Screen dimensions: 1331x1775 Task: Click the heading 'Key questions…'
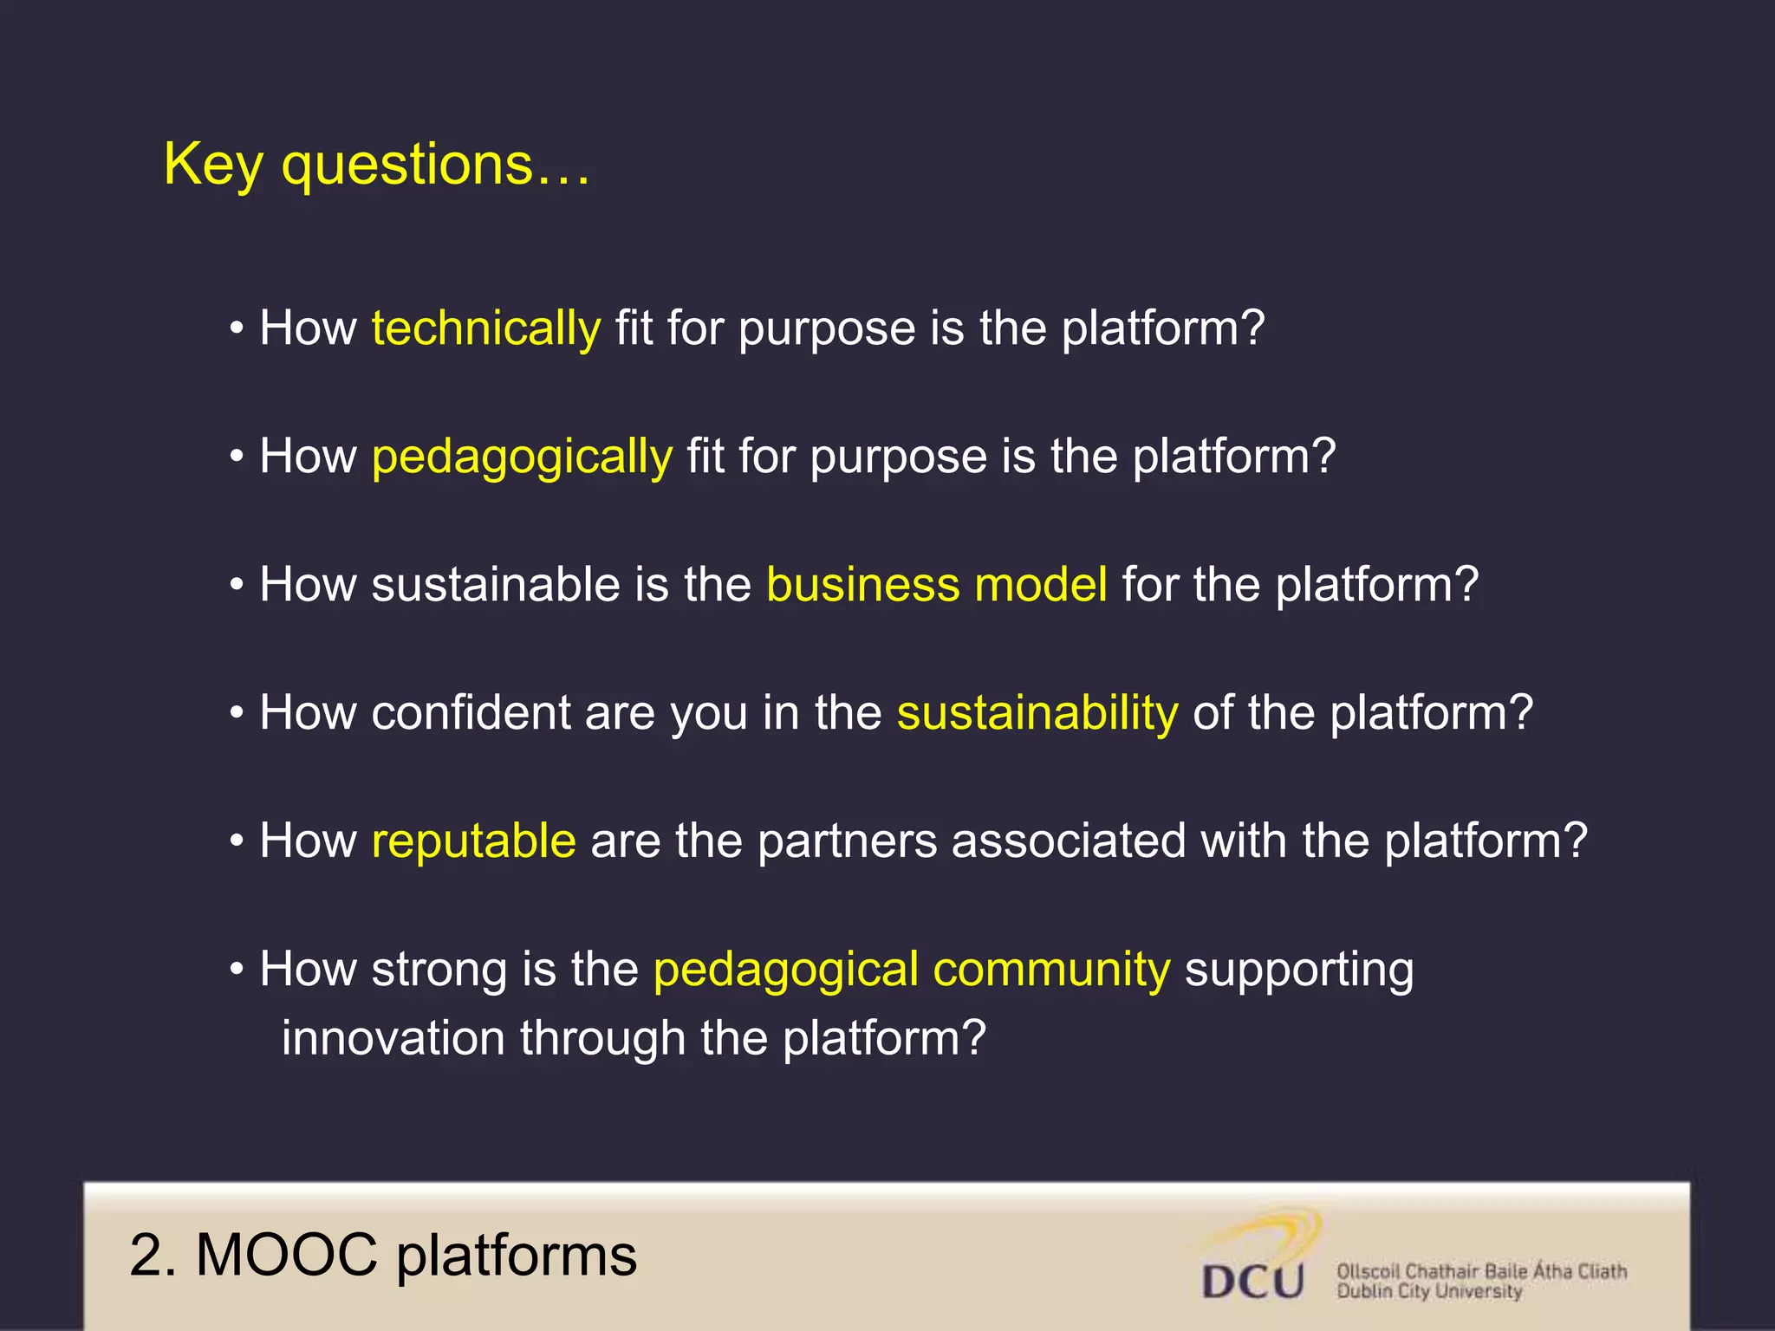[x=377, y=165]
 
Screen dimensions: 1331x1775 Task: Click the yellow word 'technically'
[x=485, y=329]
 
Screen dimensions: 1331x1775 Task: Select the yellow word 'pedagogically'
[x=522, y=458]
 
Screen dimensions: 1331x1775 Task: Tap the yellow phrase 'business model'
[x=936, y=585]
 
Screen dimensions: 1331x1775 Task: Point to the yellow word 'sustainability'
[x=1037, y=713]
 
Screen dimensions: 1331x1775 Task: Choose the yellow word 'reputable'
[x=473, y=841]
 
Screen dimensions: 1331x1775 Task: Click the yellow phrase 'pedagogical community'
[x=911, y=970]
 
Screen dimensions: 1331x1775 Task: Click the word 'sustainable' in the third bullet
[x=495, y=585]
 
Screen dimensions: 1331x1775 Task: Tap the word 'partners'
[x=847, y=841]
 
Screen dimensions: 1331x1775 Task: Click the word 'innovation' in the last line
[x=393, y=1038]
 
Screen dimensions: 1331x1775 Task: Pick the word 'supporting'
[x=1298, y=970]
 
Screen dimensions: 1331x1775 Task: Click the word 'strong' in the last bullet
[x=439, y=970]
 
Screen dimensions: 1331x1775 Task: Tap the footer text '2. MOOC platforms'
[x=382, y=1255]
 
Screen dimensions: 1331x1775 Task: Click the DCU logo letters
[x=1252, y=1281]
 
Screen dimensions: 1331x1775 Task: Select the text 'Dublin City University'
[x=1428, y=1292]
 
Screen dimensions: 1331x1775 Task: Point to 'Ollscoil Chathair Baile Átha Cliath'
[x=1481, y=1271]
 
